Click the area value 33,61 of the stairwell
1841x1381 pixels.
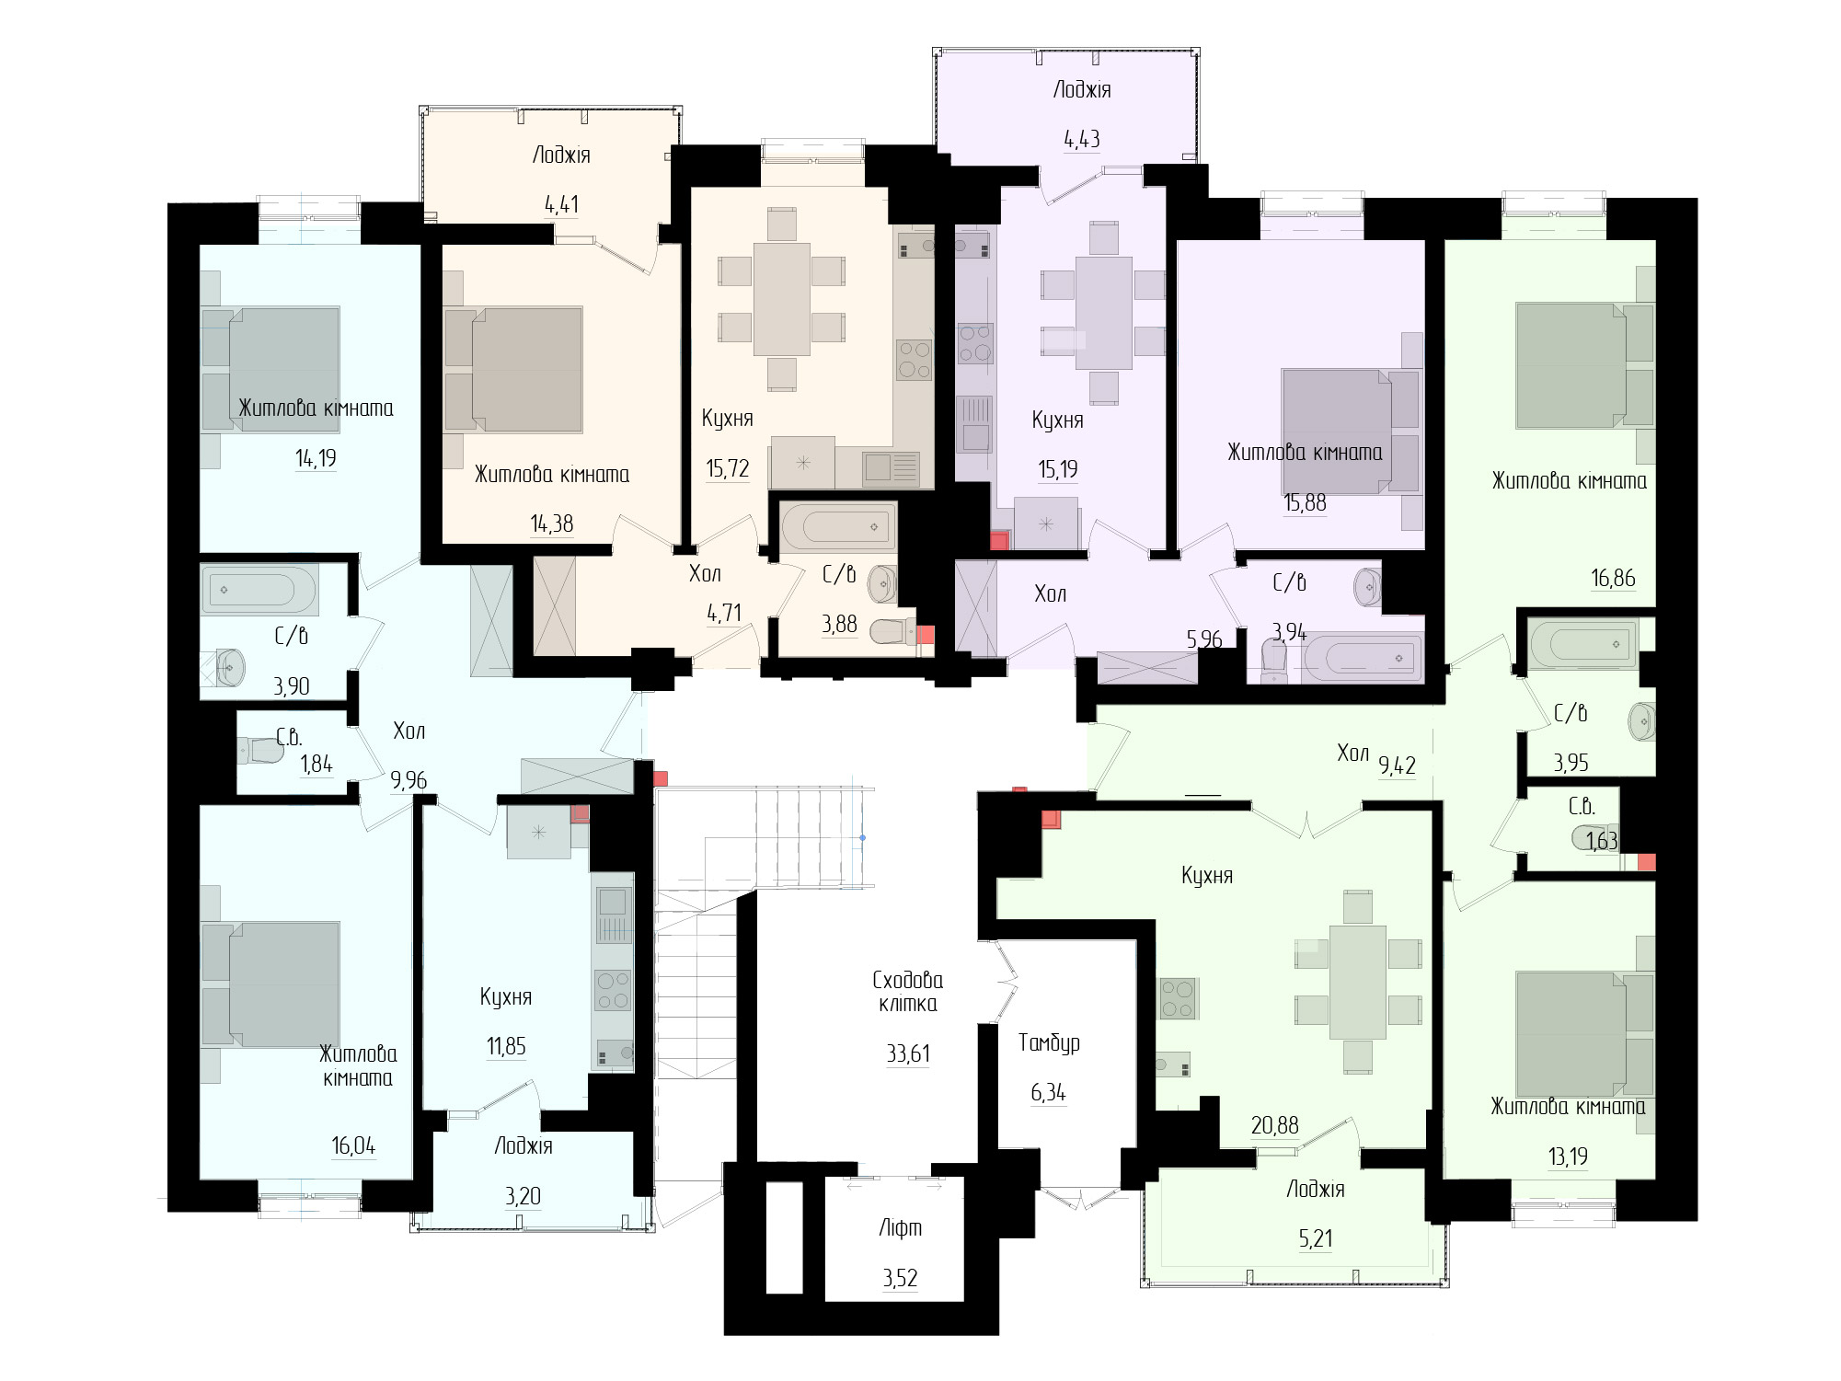[x=908, y=1053]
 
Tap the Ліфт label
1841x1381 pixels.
[x=900, y=1227]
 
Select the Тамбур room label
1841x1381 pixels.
[x=1049, y=1042]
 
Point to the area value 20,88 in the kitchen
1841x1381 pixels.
[x=1275, y=1124]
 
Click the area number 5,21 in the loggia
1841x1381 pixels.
[x=1316, y=1238]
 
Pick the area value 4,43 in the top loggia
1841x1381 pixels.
[x=1082, y=139]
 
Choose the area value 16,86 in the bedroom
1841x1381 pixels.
[x=1613, y=578]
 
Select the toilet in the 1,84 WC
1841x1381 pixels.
[x=261, y=751]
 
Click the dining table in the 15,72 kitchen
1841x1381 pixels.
[x=782, y=299]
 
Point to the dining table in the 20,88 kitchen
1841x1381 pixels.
[x=1357, y=982]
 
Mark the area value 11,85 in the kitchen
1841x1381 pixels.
[x=506, y=1046]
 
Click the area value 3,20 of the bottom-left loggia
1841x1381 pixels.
[x=523, y=1196]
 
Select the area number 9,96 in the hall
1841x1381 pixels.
[x=408, y=780]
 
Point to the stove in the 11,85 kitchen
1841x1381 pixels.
[x=614, y=991]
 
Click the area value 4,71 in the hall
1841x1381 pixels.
[x=724, y=613]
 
